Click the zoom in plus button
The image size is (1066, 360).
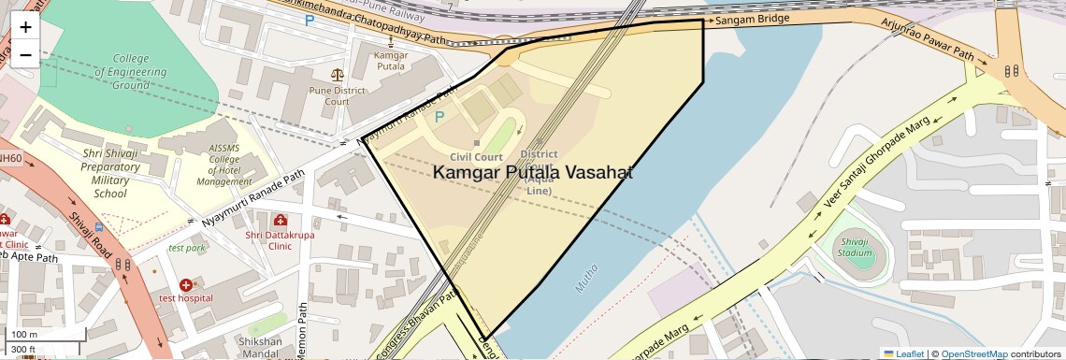point(25,27)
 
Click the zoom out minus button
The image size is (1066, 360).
point(25,54)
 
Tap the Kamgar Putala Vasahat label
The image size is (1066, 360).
point(533,173)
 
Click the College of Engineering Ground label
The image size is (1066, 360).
point(131,72)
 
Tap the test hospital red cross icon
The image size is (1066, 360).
point(185,284)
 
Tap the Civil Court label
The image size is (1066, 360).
point(476,157)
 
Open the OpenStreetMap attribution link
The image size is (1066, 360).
point(973,353)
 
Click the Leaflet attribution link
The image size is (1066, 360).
point(904,353)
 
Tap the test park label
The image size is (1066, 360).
point(186,248)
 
